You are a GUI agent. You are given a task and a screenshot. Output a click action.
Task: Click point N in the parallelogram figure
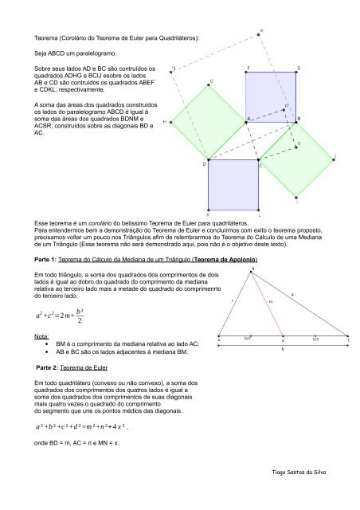pyautogui.click(x=174, y=68)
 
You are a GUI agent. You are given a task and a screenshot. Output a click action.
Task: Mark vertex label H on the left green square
pyautogui.click(x=165, y=123)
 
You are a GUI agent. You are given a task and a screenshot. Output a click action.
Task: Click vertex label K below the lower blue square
pyautogui.click(x=209, y=214)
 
